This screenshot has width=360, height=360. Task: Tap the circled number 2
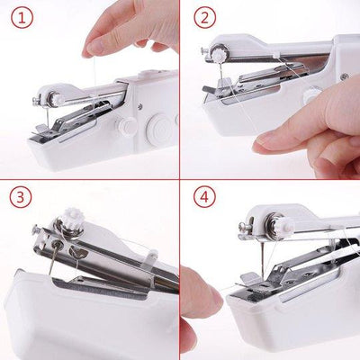tap(206, 17)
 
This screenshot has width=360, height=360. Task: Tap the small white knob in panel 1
tap(127, 127)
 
